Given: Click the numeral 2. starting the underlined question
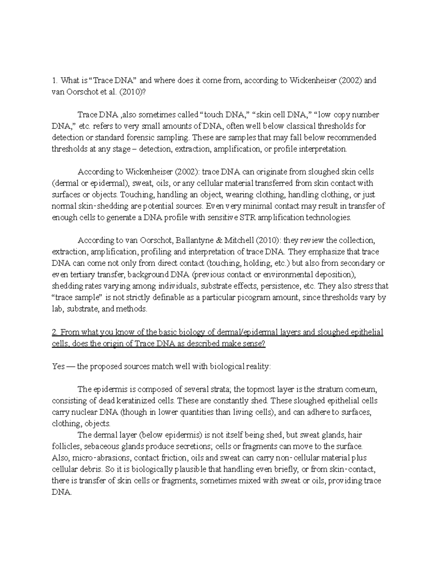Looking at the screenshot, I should coord(55,332).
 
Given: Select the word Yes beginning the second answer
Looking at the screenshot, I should coord(58,367).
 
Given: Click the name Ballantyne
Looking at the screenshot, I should coord(203,240).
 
